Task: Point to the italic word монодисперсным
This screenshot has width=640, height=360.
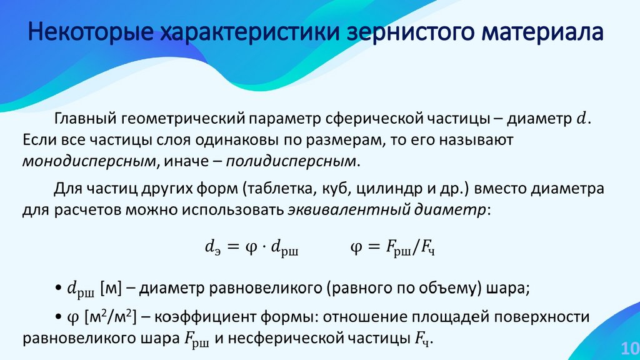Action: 88,161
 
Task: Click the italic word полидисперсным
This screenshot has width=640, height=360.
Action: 293,161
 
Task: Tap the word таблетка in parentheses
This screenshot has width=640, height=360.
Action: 281,187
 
